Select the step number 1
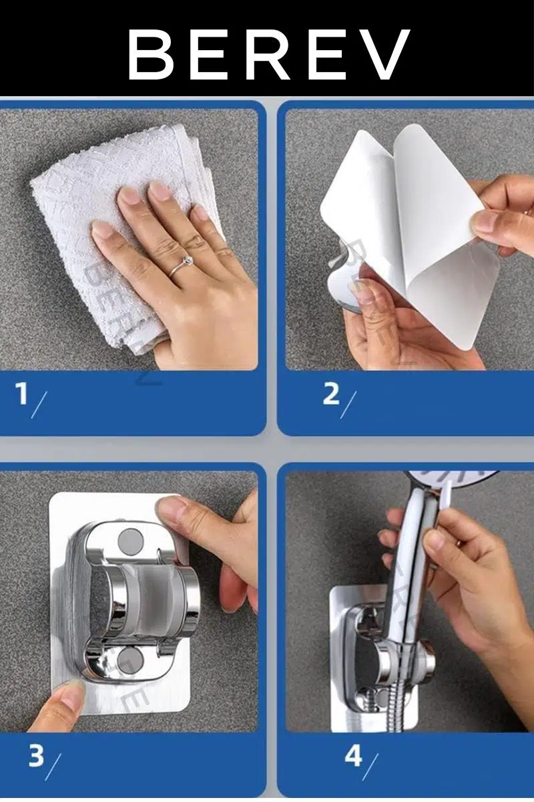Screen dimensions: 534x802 (x=21, y=393)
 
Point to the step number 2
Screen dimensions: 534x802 (x=331, y=393)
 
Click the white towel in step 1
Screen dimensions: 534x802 (x=118, y=233)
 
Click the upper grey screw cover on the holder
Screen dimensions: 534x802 (x=130, y=539)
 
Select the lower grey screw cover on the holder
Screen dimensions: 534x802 (x=130, y=658)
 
